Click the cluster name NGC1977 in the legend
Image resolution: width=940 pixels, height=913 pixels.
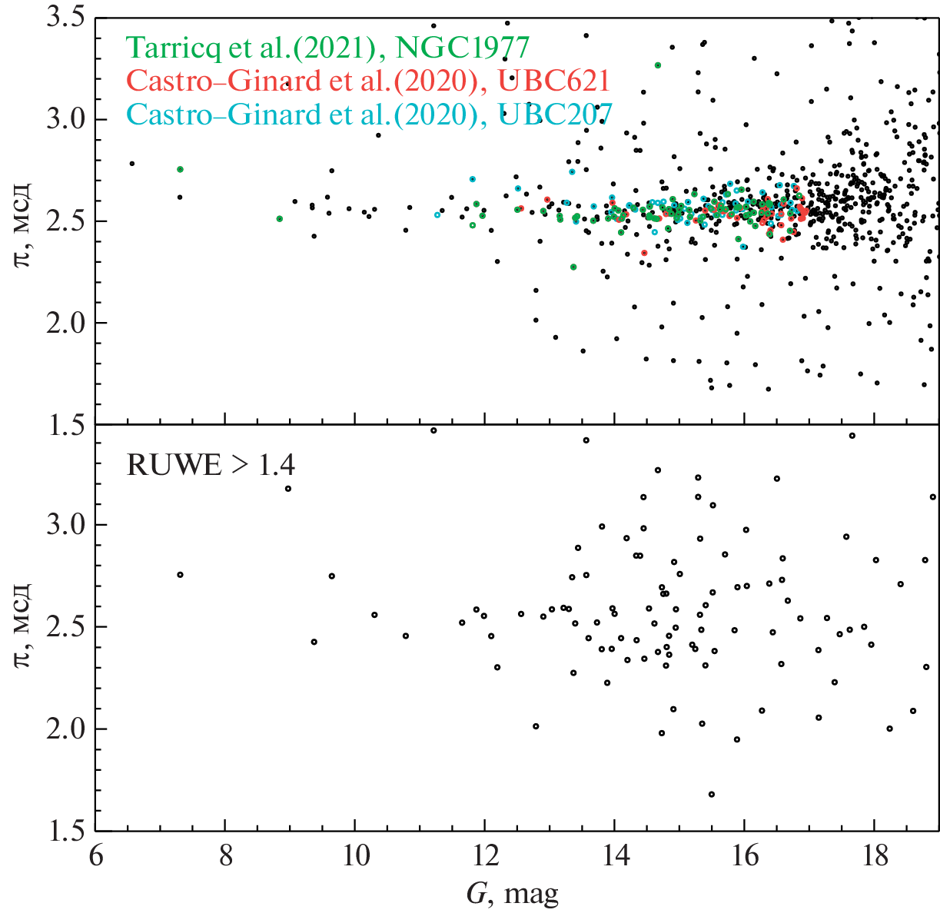(462, 48)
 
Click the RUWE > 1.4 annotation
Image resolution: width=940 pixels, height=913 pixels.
(211, 465)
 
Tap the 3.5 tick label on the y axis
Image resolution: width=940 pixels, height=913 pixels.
(65, 17)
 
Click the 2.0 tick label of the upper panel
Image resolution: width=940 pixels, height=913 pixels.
(65, 323)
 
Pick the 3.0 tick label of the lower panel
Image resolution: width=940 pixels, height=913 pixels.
(65, 525)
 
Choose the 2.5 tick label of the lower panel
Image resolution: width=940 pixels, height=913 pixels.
(65, 627)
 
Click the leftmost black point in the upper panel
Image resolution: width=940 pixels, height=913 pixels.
(131, 164)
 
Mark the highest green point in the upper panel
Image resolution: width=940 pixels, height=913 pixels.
(658, 65)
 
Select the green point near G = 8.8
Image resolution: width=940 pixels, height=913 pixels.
(279, 219)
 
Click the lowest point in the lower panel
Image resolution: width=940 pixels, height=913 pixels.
(711, 795)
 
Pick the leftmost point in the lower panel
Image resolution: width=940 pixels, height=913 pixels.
(180, 575)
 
